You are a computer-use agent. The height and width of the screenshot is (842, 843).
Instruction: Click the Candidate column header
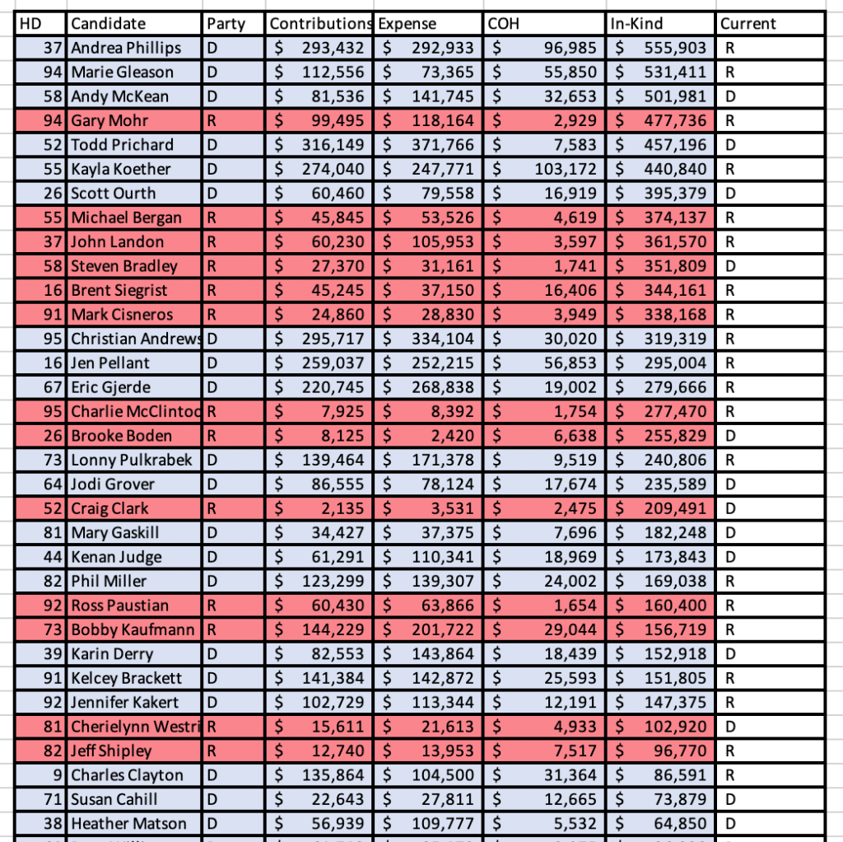click(108, 24)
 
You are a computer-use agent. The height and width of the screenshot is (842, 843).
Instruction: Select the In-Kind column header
click(636, 24)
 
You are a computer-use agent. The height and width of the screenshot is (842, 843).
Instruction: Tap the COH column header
click(504, 24)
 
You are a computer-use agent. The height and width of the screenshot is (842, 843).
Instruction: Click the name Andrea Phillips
click(126, 48)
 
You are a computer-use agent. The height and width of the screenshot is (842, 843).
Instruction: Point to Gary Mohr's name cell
click(109, 120)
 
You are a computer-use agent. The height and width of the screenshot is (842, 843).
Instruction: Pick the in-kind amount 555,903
click(673, 48)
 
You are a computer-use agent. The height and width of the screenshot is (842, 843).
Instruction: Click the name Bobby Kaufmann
click(133, 630)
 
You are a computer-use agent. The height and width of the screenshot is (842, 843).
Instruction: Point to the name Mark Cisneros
click(122, 315)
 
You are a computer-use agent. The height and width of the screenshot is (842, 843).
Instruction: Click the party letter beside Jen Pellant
click(212, 363)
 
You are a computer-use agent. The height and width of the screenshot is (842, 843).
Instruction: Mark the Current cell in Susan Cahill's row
click(728, 799)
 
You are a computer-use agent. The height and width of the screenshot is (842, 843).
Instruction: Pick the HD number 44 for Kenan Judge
click(54, 557)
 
